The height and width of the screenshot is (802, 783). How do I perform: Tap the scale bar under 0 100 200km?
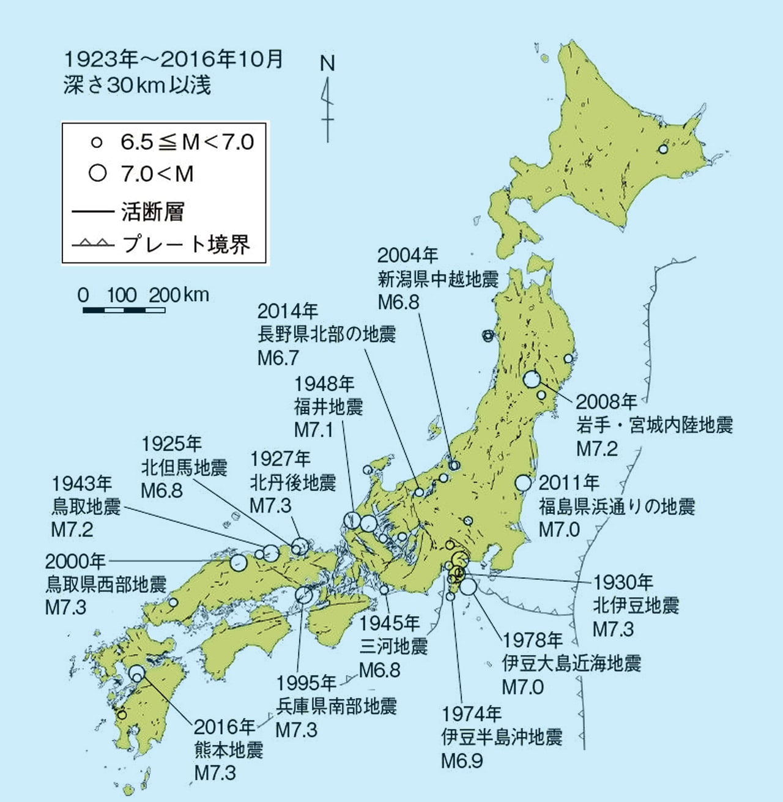point(124,310)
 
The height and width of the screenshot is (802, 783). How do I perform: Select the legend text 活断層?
point(152,212)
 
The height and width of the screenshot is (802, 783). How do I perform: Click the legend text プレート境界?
point(186,244)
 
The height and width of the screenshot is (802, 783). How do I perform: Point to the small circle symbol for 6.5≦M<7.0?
point(96,143)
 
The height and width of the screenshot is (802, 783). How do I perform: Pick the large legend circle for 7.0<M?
point(97,173)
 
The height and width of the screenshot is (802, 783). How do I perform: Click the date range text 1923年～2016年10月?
point(173,59)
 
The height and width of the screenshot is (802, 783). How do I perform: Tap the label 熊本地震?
point(228,750)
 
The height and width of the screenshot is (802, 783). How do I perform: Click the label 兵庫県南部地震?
point(336,707)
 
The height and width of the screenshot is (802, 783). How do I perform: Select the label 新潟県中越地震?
point(438,280)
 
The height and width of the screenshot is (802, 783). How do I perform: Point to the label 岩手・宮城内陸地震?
point(654,425)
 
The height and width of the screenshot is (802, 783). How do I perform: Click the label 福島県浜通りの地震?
point(617,507)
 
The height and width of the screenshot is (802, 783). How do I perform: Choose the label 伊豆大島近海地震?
point(571,664)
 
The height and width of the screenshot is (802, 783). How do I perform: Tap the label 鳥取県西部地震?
point(106,584)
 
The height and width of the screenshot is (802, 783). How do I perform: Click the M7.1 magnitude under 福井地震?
point(313,430)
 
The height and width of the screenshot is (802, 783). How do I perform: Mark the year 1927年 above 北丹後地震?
point(280,459)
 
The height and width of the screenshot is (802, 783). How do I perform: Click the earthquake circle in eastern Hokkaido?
point(663,149)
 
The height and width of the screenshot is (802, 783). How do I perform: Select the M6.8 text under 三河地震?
point(379,670)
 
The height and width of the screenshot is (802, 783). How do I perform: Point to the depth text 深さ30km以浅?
point(137,85)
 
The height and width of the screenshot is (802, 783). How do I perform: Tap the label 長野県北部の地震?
point(327,335)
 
